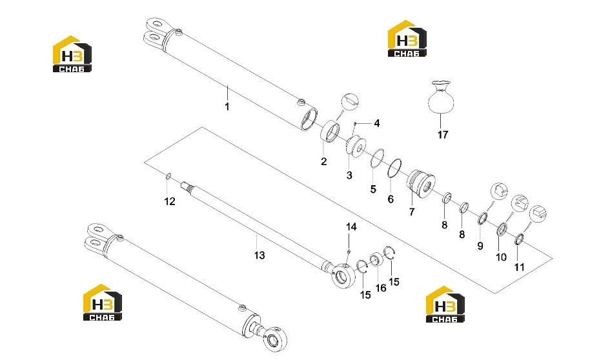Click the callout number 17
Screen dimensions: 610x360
click(x=443, y=134)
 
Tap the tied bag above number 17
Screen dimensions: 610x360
click(x=441, y=97)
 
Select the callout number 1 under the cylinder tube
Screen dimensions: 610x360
click(x=227, y=106)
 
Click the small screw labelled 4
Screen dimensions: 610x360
click(x=355, y=124)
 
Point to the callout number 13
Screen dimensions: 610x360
click(x=259, y=255)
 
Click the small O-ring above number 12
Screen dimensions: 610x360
click(x=168, y=177)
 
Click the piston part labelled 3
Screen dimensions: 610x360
click(x=355, y=146)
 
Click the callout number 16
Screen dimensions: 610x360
click(x=380, y=288)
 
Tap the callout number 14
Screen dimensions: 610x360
click(x=351, y=226)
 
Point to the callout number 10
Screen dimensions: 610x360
click(x=501, y=257)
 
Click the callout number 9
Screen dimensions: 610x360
click(x=480, y=246)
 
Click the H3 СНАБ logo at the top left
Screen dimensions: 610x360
click(x=72, y=54)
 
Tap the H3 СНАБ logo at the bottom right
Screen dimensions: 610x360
click(x=445, y=305)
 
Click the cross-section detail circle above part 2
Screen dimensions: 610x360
click(x=349, y=102)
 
